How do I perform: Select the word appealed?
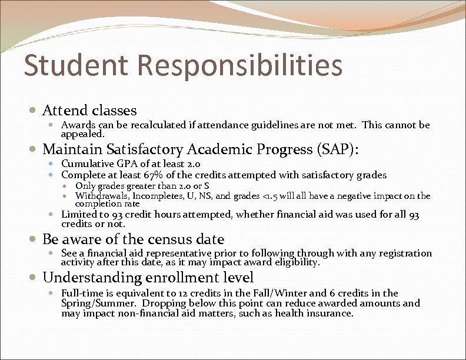(83, 134)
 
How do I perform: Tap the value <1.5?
(269, 196)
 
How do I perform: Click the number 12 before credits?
(175, 293)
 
